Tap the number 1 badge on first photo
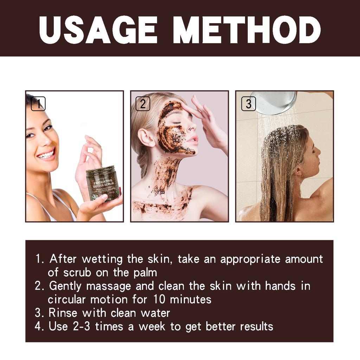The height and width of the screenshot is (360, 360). click(x=38, y=104)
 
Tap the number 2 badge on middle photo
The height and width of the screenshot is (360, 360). click(x=143, y=104)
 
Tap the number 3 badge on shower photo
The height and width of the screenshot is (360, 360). click(x=248, y=104)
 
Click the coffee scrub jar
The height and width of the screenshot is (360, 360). click(x=103, y=183)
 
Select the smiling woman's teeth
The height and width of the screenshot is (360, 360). click(x=47, y=154)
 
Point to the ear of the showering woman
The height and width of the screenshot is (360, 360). click(x=298, y=172)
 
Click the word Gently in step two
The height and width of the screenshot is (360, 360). click(x=66, y=286)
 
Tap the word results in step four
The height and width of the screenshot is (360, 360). click(x=256, y=326)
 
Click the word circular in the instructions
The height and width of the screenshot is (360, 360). click(x=67, y=300)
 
